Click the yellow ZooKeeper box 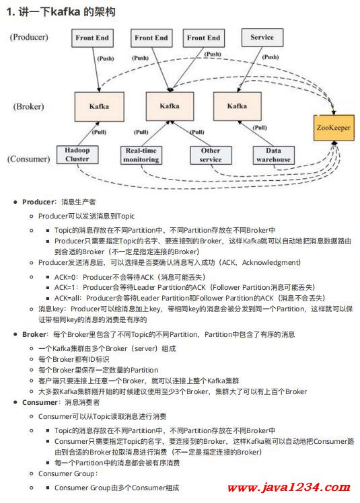click(x=334, y=128)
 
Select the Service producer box click(x=262, y=37)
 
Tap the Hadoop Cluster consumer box click(x=77, y=155)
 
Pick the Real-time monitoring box click(x=141, y=155)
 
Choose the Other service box click(x=211, y=155)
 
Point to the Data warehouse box click(x=274, y=155)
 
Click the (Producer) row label click(x=29, y=37)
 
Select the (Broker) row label click(x=28, y=106)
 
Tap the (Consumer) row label click(x=29, y=159)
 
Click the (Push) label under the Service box click(x=271, y=57)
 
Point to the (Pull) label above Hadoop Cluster click(x=99, y=132)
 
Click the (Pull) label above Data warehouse click(x=260, y=128)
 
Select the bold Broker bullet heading click(x=34, y=335)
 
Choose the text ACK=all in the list click(x=67, y=299)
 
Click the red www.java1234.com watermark click(x=289, y=488)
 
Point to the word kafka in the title click(x=65, y=12)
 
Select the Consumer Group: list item click(x=68, y=474)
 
